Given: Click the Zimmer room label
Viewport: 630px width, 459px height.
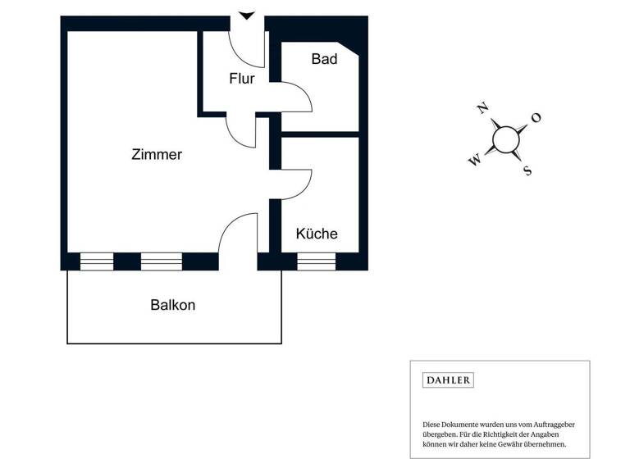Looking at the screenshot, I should tap(157, 154).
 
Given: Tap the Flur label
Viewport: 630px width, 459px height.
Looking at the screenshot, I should tap(241, 80).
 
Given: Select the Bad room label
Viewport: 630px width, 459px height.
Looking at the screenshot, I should tap(324, 59).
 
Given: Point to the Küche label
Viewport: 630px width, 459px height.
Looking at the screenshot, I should tap(317, 234).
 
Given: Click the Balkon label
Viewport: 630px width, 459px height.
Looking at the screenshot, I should tap(173, 305).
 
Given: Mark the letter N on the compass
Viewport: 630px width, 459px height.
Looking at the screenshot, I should tap(483, 107).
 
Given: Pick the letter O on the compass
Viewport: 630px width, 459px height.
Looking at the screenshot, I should tap(536, 118).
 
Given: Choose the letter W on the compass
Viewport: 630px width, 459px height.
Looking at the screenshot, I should tap(474, 161).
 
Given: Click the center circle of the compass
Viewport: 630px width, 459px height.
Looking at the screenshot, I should tap(505, 139).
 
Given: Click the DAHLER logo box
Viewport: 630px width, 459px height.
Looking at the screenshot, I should tap(448, 380).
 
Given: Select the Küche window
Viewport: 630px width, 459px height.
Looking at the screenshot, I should tap(317, 261).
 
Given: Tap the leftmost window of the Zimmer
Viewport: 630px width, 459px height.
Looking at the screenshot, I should tap(97, 261).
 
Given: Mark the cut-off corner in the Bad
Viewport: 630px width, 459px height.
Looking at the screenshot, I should tap(350, 49).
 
